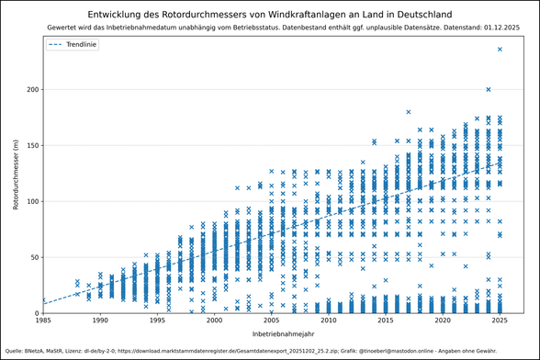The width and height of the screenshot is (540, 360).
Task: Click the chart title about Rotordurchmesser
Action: [270, 14]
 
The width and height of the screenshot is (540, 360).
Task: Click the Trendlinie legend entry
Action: [83, 44]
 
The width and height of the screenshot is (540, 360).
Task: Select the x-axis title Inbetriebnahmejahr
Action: [271, 333]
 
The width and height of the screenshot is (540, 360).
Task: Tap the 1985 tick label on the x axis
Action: [43, 321]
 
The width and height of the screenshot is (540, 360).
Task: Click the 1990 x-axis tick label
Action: [100, 321]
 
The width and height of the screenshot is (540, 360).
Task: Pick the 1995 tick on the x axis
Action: [157, 321]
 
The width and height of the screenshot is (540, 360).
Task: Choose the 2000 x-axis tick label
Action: [214, 321]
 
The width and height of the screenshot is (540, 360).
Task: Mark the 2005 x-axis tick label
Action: [271, 321]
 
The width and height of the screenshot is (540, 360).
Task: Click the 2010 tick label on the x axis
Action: [328, 321]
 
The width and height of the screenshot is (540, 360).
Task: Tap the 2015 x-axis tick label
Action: [385, 321]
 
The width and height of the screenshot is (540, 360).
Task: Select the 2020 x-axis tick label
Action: [443, 321]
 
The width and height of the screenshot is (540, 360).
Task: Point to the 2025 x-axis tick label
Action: [500, 321]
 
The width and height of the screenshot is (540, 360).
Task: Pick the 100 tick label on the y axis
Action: [29, 201]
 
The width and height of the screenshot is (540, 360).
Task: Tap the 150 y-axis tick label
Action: [29, 145]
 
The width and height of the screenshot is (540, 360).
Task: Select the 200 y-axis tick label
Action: [29, 89]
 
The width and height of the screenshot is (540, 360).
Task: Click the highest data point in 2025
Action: [500, 50]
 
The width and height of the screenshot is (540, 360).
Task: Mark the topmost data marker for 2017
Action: [409, 112]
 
